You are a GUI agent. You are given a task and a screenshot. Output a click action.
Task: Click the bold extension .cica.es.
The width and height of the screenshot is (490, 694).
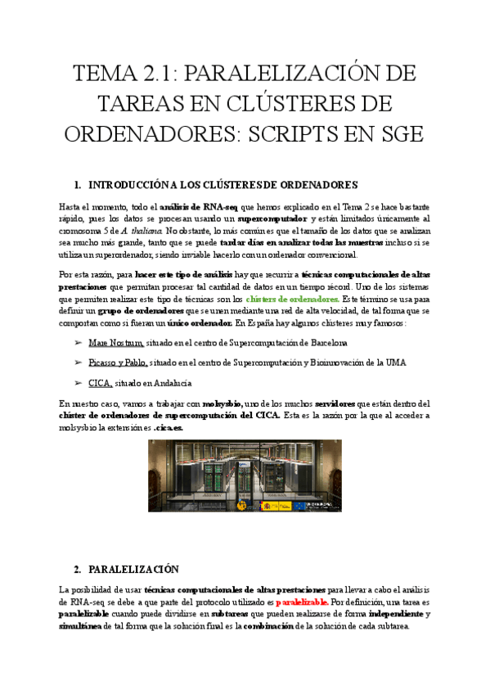pos(169,427)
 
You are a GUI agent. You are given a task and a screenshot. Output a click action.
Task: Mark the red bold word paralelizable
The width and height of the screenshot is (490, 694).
pos(302,602)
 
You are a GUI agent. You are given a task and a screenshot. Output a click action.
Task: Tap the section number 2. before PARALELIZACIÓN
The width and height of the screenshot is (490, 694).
pos(77,568)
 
